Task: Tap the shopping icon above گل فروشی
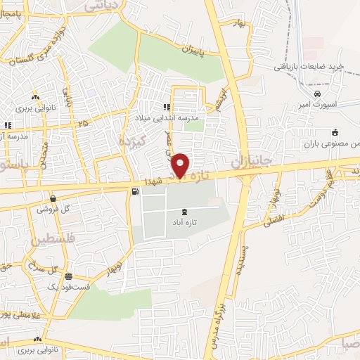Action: click(x=53, y=199)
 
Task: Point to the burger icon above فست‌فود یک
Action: click(x=68, y=277)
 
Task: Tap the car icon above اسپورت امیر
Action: click(x=318, y=94)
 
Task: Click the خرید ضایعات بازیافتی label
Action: click(x=309, y=67)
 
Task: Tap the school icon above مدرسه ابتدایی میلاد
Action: click(x=167, y=107)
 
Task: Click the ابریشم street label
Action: click(x=223, y=99)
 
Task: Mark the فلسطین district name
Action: click(x=47, y=240)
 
